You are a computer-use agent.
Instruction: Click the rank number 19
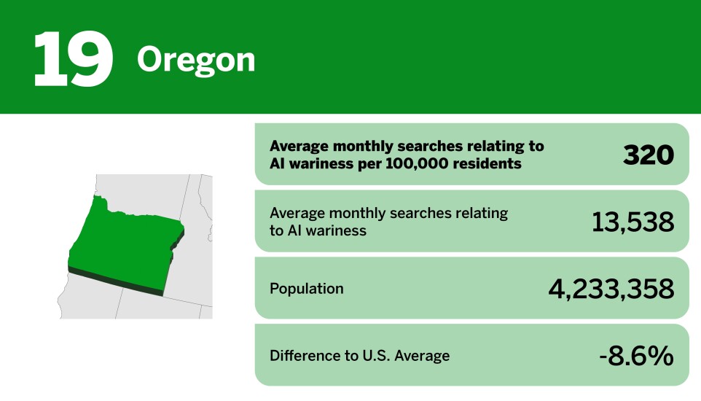point(73,58)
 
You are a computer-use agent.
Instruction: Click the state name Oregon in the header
point(196,60)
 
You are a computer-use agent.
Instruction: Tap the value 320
point(648,155)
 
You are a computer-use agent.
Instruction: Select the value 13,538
point(633,222)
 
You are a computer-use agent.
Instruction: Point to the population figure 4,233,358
point(611,289)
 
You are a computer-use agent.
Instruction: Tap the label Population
point(306,289)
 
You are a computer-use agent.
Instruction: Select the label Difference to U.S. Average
point(359,356)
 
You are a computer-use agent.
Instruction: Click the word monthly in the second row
point(359,213)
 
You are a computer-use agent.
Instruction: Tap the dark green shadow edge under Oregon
point(117,280)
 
